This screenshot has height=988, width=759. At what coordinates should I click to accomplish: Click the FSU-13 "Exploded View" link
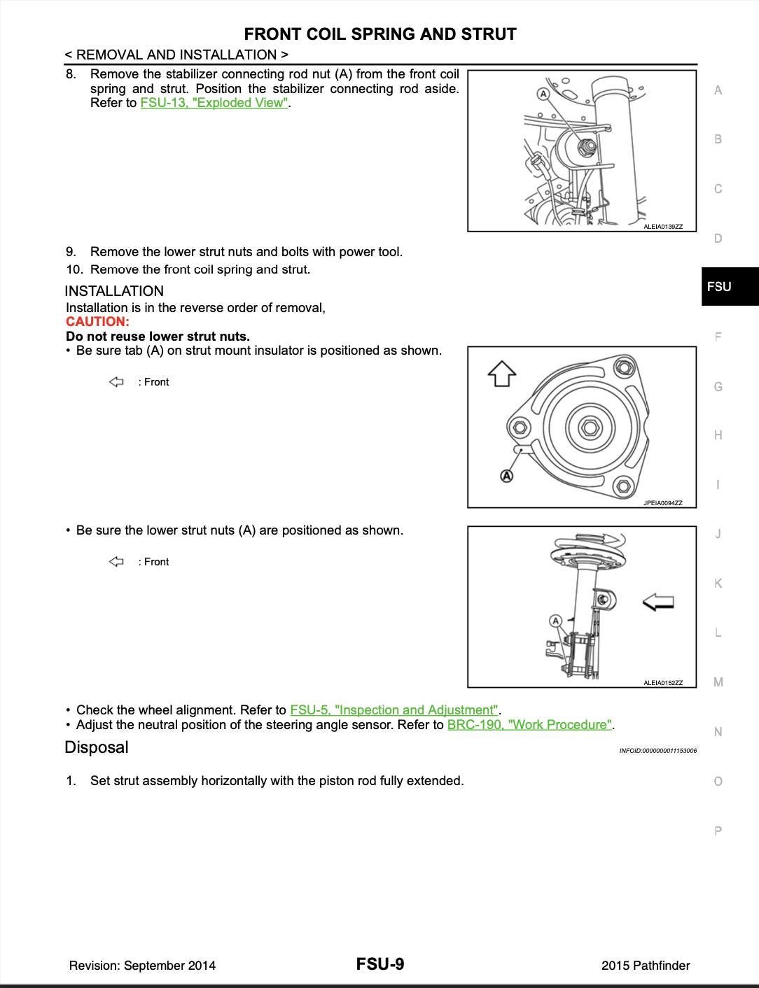click(x=214, y=103)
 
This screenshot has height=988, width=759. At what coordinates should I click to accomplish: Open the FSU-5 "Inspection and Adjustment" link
click(x=394, y=710)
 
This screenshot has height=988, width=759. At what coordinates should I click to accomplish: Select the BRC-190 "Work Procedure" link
click(x=530, y=725)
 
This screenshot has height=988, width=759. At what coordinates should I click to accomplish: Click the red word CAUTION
click(x=97, y=322)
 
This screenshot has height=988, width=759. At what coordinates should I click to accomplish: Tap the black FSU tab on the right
click(x=729, y=286)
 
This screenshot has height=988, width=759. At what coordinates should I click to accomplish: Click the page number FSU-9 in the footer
click(x=379, y=964)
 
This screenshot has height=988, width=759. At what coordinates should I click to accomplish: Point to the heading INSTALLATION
click(x=114, y=291)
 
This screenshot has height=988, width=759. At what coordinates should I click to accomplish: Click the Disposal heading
click(x=97, y=747)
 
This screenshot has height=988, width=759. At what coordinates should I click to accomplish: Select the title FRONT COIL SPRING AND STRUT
click(x=380, y=34)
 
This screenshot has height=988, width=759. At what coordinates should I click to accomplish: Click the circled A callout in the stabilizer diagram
click(x=543, y=93)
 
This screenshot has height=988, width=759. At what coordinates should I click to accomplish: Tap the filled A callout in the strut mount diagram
click(x=506, y=476)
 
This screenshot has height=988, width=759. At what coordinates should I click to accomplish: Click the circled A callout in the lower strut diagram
click(x=556, y=621)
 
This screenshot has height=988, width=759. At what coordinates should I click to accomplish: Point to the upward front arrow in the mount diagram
click(x=501, y=374)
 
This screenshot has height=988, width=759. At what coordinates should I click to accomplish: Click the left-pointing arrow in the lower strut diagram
click(x=658, y=601)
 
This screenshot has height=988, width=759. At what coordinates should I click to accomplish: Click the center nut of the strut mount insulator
click(x=589, y=427)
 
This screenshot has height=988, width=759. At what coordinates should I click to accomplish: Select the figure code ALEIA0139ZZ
click(x=662, y=227)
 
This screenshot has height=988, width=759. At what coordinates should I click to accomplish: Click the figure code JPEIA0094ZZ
click(x=662, y=503)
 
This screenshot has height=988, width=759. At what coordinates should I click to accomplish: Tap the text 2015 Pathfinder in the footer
click(x=645, y=966)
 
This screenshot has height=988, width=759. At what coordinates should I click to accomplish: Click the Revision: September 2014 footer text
click(x=142, y=966)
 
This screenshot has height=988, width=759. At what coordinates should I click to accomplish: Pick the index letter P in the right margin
click(x=718, y=831)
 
